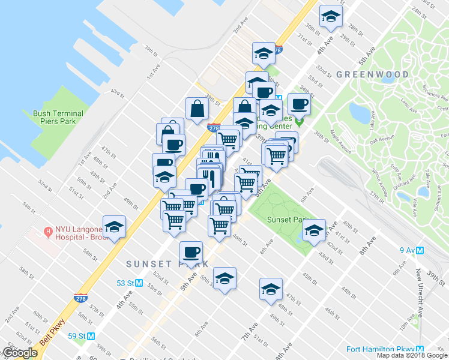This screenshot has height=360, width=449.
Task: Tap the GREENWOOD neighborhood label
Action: [x=372, y=74]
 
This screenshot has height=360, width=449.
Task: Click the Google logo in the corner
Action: [x=20, y=353]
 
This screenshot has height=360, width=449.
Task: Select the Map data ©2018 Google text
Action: [x=412, y=355]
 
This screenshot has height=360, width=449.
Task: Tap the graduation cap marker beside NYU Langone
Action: [x=113, y=227]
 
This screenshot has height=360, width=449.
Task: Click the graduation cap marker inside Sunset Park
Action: [x=314, y=229]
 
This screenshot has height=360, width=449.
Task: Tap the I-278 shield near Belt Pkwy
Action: [x=80, y=298]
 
